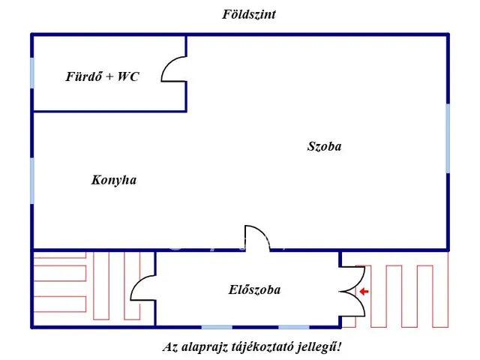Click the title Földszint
[249, 14]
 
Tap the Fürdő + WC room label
[102, 76]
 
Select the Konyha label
[113, 180]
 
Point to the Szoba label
[324, 146]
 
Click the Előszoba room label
[254, 289]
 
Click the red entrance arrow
[364, 292]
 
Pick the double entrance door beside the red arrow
[349, 291]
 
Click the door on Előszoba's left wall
[145, 289]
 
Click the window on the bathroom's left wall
[32, 73]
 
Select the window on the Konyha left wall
[32, 180]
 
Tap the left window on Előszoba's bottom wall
[217, 327]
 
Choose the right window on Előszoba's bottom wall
[294, 327]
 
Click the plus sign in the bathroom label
[109, 76]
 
